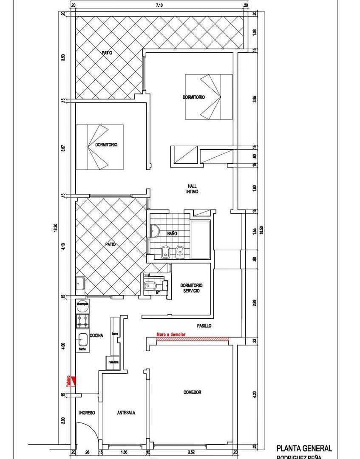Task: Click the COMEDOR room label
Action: [192, 392]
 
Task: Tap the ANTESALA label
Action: [126, 413]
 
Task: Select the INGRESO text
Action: [87, 413]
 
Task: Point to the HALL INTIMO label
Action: [192, 189]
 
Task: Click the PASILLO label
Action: [204, 326]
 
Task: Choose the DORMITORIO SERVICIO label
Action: [191, 288]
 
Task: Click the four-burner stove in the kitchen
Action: [82, 321]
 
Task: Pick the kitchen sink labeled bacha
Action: [82, 340]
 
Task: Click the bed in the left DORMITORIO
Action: [99, 147]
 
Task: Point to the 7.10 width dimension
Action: [159, 5]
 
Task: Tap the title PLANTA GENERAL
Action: [304, 448]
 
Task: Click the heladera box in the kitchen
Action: [113, 363]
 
